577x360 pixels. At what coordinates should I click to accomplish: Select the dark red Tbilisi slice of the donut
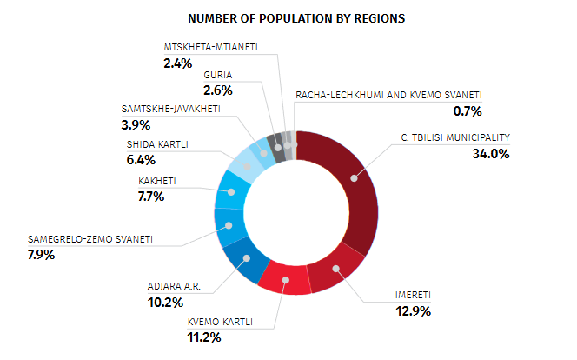[x=354, y=178]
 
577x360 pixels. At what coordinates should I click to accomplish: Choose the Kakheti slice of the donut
[x=230, y=192]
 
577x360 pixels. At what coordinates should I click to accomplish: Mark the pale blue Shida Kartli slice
[x=242, y=165]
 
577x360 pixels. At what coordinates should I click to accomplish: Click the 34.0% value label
[x=492, y=154]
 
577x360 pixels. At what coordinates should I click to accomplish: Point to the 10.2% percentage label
[x=164, y=302]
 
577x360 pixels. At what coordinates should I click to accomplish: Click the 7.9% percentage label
[x=41, y=255]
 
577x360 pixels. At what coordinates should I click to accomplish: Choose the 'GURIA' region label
[x=218, y=76]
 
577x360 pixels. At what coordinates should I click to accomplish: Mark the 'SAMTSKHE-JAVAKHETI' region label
[x=170, y=109]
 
